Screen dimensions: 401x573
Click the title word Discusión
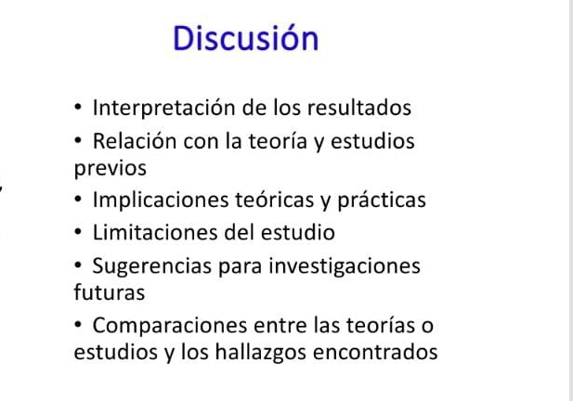pyautogui.click(x=246, y=38)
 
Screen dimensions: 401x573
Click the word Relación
pyautogui.click(x=137, y=142)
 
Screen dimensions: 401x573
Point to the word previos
pyautogui.click(x=110, y=169)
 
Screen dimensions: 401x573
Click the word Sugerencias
pyautogui.click(x=148, y=267)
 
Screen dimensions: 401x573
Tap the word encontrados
pyautogui.click(x=376, y=354)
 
